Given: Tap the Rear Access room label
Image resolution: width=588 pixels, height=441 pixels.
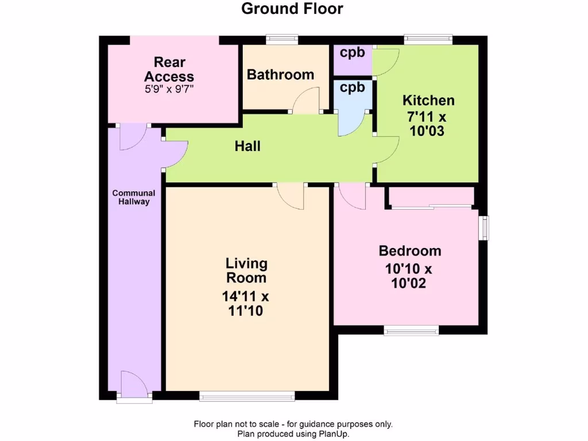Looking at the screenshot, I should pyautogui.click(x=169, y=69).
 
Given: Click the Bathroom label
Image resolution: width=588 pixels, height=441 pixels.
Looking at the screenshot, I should pyautogui.click(x=280, y=75).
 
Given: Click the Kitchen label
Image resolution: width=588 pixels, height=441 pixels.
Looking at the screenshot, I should pyautogui.click(x=428, y=100).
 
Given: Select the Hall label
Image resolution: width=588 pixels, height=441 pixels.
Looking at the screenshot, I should pyautogui.click(x=247, y=146).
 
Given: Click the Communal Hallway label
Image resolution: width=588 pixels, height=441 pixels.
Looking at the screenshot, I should pyautogui.click(x=134, y=198).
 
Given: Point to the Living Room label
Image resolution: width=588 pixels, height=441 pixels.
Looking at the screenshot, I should pyautogui.click(x=246, y=270).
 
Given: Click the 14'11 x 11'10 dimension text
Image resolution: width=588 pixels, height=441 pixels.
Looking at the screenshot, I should pyautogui.click(x=246, y=304).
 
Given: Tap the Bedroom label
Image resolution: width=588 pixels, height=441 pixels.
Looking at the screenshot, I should pyautogui.click(x=410, y=251).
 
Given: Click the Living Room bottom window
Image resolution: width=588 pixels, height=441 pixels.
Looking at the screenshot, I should pyautogui.click(x=247, y=395).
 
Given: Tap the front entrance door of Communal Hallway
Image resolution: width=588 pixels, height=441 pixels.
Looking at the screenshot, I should pyautogui.click(x=134, y=386).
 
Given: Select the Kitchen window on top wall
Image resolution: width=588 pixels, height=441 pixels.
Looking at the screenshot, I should pyautogui.click(x=428, y=40).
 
